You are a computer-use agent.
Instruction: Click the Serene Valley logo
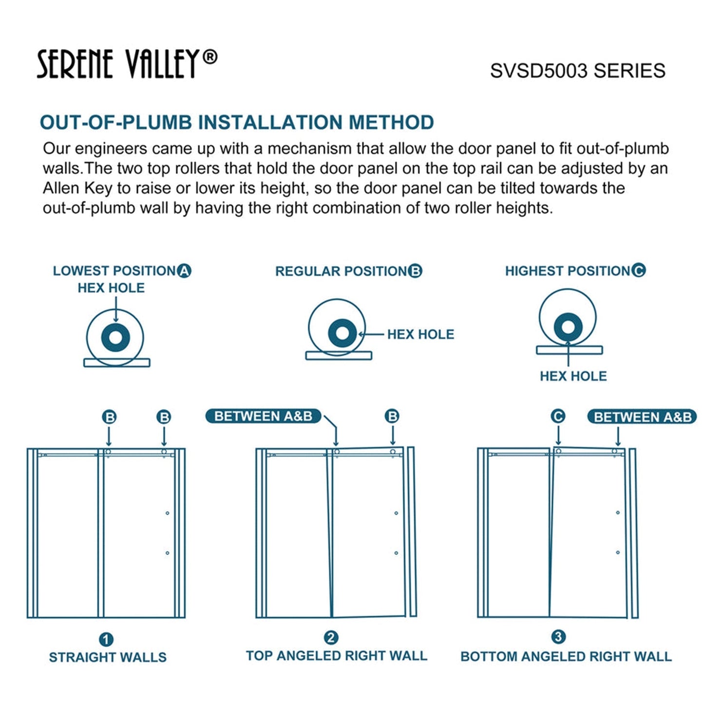click(x=127, y=64)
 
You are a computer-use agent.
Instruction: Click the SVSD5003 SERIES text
click(x=577, y=71)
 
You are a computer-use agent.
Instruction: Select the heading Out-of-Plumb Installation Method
click(x=237, y=122)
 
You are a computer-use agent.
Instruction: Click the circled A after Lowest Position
click(x=184, y=271)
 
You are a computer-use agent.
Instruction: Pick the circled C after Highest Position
click(x=638, y=270)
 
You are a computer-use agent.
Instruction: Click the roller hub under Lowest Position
click(x=115, y=337)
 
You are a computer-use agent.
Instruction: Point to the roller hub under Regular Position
click(x=342, y=333)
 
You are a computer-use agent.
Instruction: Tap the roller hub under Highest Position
click(x=568, y=326)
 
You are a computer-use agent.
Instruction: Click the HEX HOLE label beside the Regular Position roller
click(x=420, y=334)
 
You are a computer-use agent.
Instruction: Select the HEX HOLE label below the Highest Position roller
click(x=573, y=376)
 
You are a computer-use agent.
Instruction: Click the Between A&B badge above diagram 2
click(x=263, y=417)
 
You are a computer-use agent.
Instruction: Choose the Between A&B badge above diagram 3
click(x=642, y=418)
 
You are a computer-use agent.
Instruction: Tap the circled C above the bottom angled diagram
click(x=558, y=417)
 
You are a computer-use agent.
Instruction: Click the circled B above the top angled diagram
click(x=392, y=417)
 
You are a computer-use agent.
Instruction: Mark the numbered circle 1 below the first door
click(x=106, y=640)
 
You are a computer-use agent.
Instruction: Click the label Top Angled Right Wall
click(x=336, y=656)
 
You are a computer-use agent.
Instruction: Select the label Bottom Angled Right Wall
click(x=566, y=656)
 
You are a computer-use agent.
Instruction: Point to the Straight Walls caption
click(x=108, y=657)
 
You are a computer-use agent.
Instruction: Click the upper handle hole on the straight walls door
click(x=167, y=513)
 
